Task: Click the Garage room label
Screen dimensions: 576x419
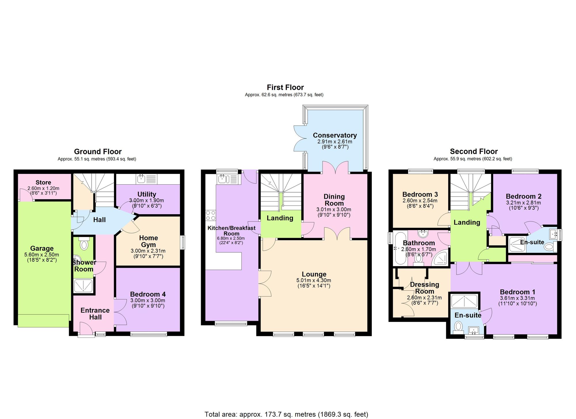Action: click(42, 249)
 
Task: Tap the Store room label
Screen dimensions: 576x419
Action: click(43, 183)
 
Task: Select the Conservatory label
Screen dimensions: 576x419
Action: click(335, 135)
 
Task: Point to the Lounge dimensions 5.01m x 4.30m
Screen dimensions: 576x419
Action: click(314, 280)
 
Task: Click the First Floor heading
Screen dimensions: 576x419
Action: click(285, 87)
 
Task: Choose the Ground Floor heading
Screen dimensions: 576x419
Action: click(98, 151)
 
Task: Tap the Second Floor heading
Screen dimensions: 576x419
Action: click(474, 151)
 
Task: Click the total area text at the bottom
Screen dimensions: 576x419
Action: click(286, 414)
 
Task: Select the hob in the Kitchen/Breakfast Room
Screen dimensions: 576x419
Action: click(211, 216)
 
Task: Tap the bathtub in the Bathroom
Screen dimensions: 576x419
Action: click(400, 249)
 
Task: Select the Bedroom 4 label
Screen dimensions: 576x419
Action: click(148, 294)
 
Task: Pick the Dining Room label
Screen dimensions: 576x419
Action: click(334, 200)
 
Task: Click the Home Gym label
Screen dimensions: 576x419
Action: click(148, 241)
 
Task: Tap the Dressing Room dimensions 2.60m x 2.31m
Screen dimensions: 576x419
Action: click(424, 298)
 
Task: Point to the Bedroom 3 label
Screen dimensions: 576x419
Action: click(420, 195)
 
